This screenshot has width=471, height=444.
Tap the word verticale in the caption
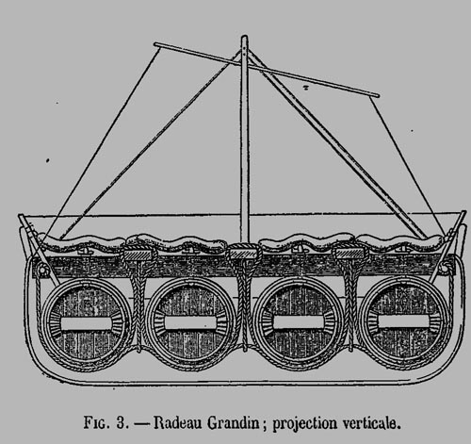coord(371,423)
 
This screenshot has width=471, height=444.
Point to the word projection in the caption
coord(304,424)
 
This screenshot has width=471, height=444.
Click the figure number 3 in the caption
coord(121,423)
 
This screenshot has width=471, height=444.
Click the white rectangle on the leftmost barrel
coord(86,323)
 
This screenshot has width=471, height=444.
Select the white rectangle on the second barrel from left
coord(190,322)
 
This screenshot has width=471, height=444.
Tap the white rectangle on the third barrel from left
coord(299,322)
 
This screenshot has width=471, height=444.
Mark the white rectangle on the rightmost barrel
coord(403,321)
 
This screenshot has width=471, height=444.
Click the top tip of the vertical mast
coord(245,36)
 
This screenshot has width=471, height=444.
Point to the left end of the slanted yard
coord(155,44)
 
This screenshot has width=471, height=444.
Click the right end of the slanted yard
coord(377,94)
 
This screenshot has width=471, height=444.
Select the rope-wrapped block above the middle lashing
coord(244,252)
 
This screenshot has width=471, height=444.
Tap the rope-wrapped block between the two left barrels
coord(138,252)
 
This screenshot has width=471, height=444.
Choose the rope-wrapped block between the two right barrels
coord(349,252)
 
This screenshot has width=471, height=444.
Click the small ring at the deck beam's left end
coord(42,270)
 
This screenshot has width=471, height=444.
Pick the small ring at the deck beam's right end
coord(444,268)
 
